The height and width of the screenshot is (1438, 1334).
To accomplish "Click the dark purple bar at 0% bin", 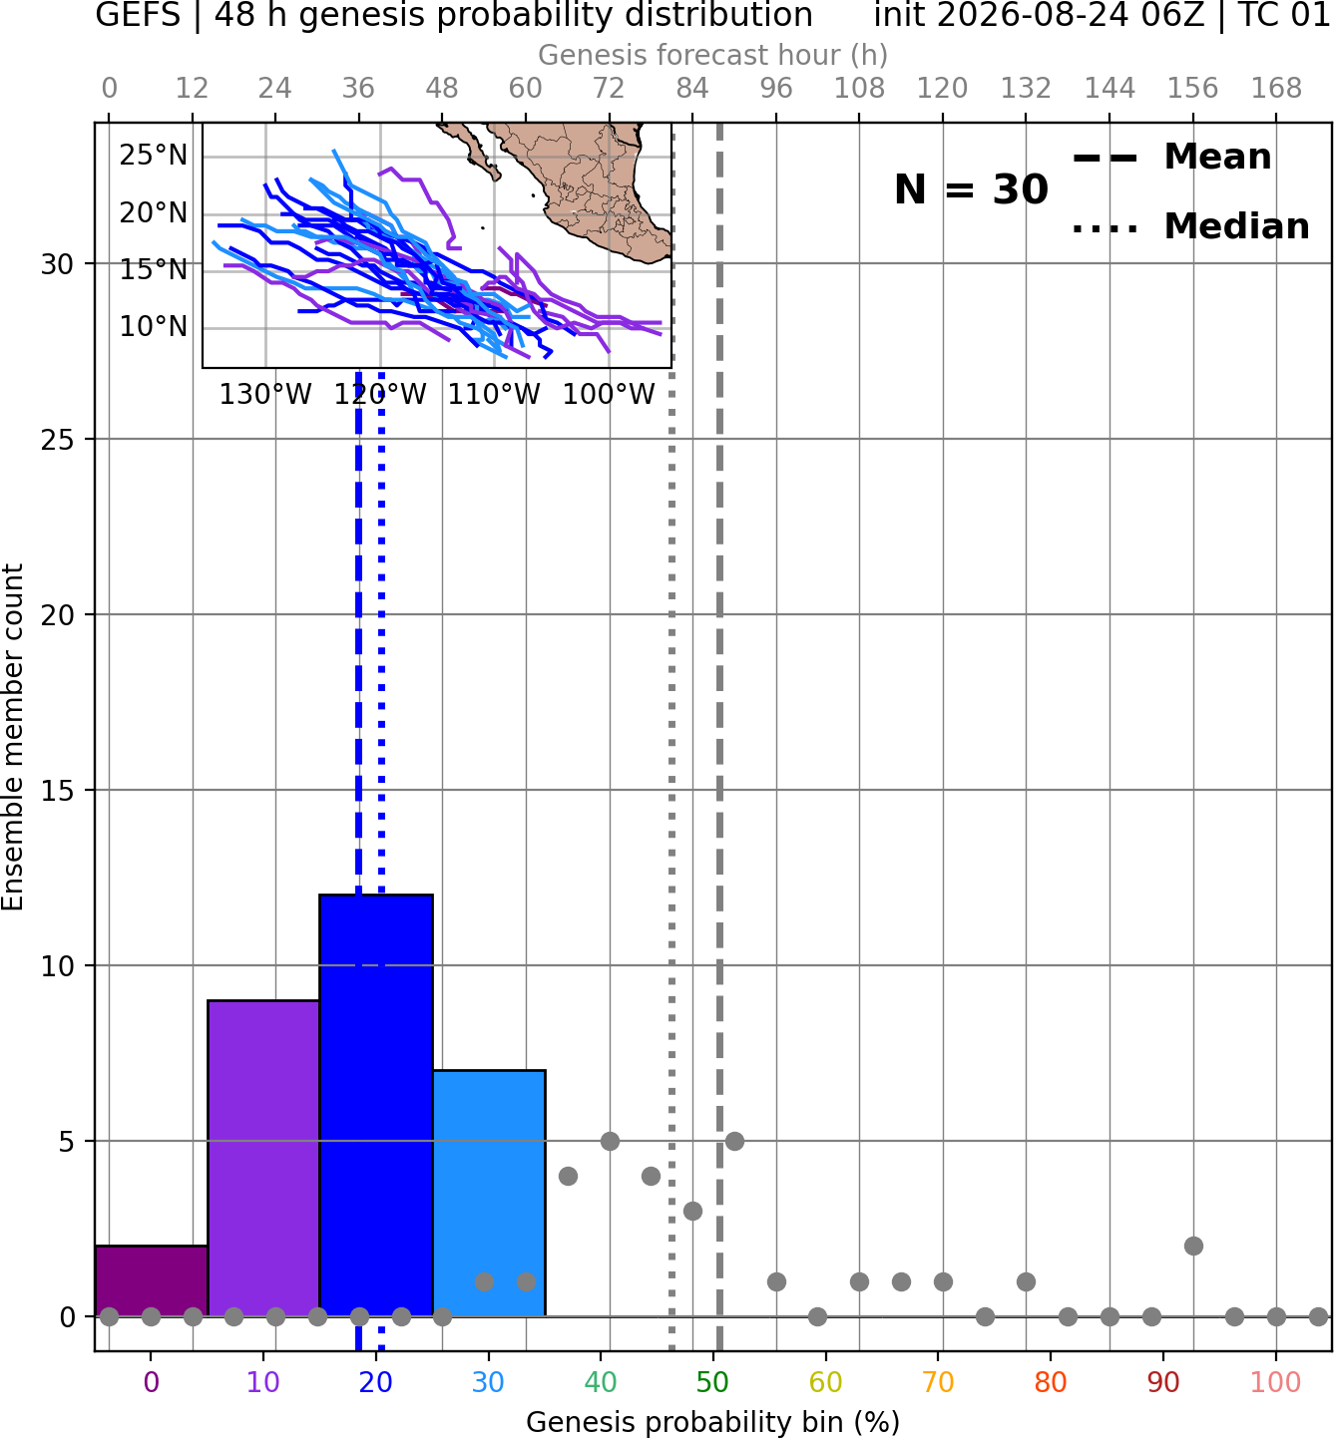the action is (x=152, y=1280).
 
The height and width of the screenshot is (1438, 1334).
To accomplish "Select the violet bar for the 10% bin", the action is (x=263, y=1158).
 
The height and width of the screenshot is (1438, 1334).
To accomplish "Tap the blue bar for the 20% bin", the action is (x=376, y=1105).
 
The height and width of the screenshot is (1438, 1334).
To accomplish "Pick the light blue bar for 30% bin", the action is (x=489, y=1193).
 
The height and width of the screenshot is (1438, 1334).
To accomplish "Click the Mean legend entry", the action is (x=1171, y=158).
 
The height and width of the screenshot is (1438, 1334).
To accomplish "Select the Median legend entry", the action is (x=1190, y=226).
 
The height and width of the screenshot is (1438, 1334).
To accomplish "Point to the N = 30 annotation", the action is (x=971, y=189).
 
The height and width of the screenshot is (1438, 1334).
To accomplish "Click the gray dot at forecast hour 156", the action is (x=1193, y=1246).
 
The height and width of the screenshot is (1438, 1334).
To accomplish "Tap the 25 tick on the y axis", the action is (x=58, y=440).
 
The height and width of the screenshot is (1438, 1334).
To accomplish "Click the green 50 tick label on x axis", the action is (x=712, y=1382).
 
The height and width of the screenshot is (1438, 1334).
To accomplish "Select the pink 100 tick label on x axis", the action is (x=1276, y=1382).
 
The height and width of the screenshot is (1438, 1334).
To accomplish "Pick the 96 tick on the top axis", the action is (x=776, y=89).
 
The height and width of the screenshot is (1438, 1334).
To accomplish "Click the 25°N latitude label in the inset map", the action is (x=154, y=155).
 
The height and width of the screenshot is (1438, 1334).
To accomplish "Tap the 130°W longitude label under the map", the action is (x=265, y=395).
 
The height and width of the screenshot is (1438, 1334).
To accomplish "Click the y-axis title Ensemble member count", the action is (x=13, y=737).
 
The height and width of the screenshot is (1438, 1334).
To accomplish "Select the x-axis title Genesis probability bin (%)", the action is (x=713, y=1422).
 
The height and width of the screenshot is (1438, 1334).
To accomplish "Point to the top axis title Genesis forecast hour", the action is (x=713, y=55).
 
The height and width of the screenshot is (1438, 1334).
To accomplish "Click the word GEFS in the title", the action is (x=138, y=15).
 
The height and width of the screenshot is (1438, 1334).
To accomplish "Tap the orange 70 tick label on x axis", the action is (x=938, y=1382).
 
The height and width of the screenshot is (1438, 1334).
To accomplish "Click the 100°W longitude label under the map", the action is (x=609, y=395).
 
